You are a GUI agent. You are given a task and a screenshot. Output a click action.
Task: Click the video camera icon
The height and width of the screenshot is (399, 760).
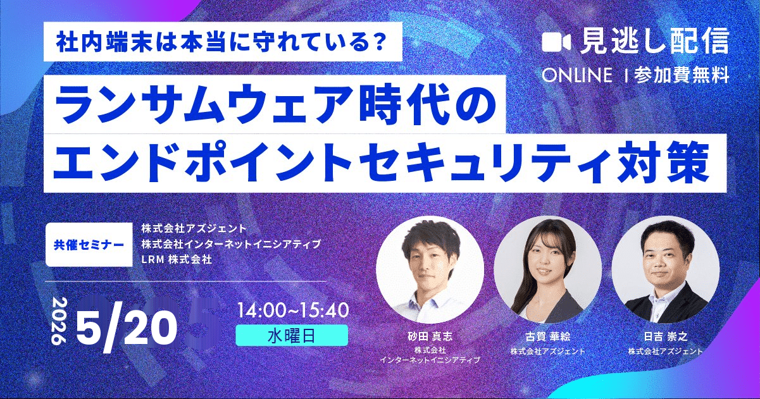tap(557, 42)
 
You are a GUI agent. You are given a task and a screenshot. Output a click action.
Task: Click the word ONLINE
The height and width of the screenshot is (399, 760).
tap(577, 76)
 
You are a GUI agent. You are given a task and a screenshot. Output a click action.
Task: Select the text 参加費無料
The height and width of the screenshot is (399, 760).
tap(683, 76)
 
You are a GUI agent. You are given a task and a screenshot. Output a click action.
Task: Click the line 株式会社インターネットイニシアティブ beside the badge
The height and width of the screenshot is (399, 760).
tap(231, 243)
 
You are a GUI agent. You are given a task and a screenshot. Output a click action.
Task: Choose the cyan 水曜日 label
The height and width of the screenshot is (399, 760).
tap(292, 335)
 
